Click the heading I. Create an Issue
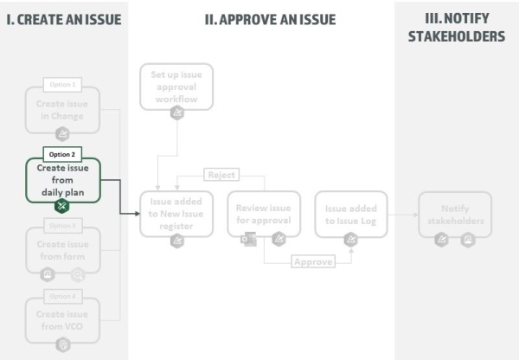[x=64, y=19]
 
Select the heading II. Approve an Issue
[x=270, y=19]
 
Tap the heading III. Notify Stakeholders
[x=457, y=28]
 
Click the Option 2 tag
[x=62, y=154]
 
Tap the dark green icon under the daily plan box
[x=62, y=206]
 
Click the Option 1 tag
[x=62, y=85]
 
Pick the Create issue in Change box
[x=62, y=110]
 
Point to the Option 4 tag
[x=62, y=296]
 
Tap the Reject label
[x=221, y=175]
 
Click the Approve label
[x=313, y=261]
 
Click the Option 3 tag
[x=62, y=226]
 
